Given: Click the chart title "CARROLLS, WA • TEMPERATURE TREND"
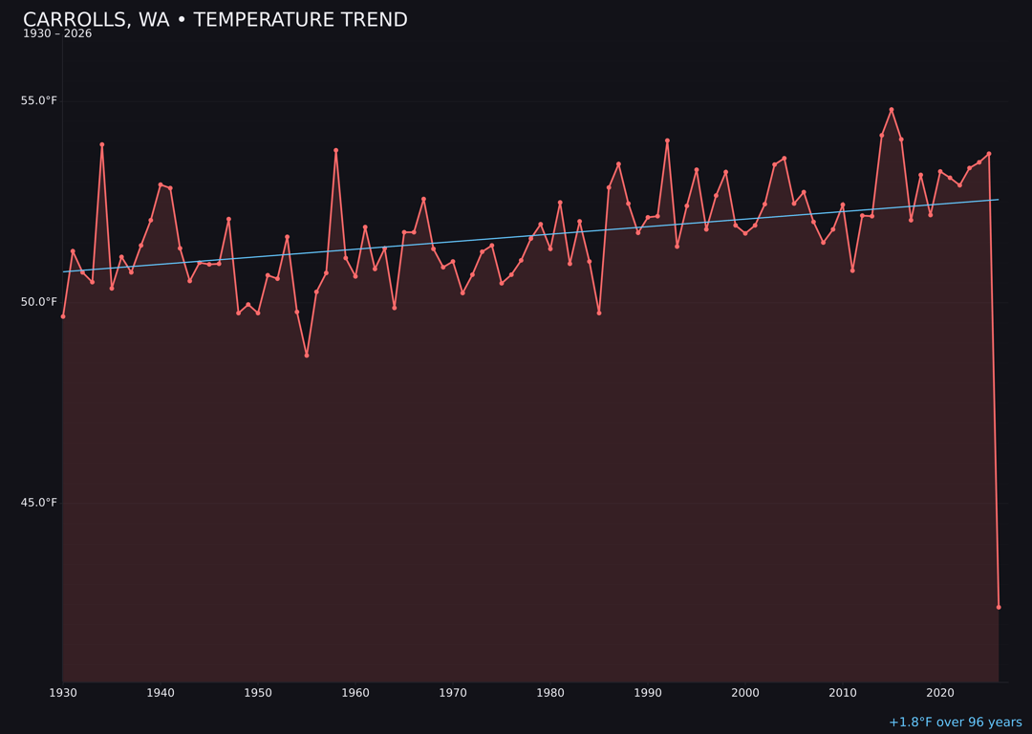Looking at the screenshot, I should pos(215,20).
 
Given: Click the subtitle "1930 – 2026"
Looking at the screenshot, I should pos(57,34).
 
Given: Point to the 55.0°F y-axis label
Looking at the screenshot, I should pos(39,100).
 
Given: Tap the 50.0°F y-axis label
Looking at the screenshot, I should pos(39,302).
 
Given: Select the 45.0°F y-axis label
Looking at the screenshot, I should pos(39,503).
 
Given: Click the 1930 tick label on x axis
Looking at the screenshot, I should pos(63,693).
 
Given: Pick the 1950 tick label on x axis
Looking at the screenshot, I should pos(258,693).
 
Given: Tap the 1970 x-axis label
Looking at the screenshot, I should pos(453,693).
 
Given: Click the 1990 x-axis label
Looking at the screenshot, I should pos(648,693).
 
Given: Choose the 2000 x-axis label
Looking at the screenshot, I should pos(745,693).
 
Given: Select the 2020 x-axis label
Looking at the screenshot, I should pos(940,693).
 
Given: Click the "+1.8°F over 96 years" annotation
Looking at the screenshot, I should pos(955,723).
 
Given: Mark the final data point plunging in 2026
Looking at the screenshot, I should pos(999,607).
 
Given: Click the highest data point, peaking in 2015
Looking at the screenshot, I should pos(892,110).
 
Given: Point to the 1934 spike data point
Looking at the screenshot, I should pos(102,145).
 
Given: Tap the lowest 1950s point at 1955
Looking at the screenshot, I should pos(307,356).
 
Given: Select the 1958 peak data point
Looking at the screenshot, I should pos(335,150).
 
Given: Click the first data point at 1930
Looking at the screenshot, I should pos(63,316).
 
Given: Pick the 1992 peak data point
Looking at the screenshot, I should pos(667,140).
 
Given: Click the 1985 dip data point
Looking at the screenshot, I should pos(599,313).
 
